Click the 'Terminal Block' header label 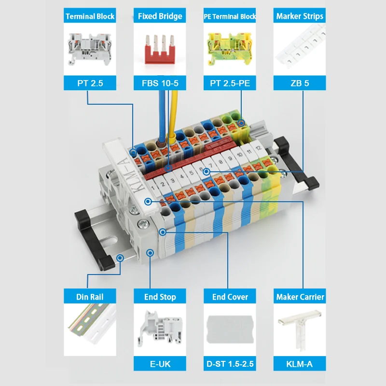pos(90,16)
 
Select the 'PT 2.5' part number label pos(90,83)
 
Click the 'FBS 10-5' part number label pos(160,83)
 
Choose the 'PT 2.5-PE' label pos(230,83)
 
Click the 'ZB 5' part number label pos(299,83)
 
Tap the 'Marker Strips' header pos(299,16)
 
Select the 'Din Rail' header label pos(90,297)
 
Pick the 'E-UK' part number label pos(160,364)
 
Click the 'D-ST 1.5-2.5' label pos(230,364)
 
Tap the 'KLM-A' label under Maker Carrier pos(299,364)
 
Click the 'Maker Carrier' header pos(299,297)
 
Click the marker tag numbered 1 pos(153,186)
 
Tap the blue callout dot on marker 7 pos(207,171)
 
